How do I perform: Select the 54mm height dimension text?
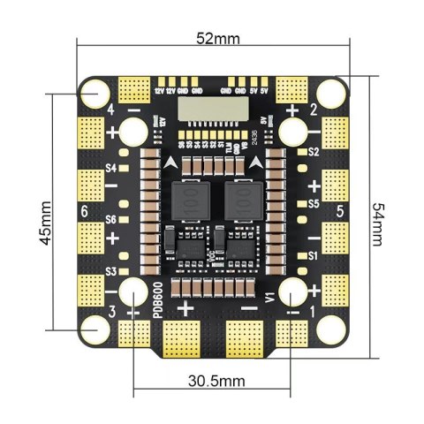[x=378, y=221]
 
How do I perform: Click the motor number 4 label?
[x=110, y=110]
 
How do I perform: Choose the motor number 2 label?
[x=313, y=110]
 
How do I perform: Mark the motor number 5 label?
[x=339, y=212]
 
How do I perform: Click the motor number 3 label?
[x=111, y=312]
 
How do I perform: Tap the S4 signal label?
[x=112, y=167]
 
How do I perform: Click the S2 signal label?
[x=314, y=152]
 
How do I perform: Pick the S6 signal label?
[x=112, y=219]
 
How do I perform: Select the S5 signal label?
[x=314, y=203]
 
